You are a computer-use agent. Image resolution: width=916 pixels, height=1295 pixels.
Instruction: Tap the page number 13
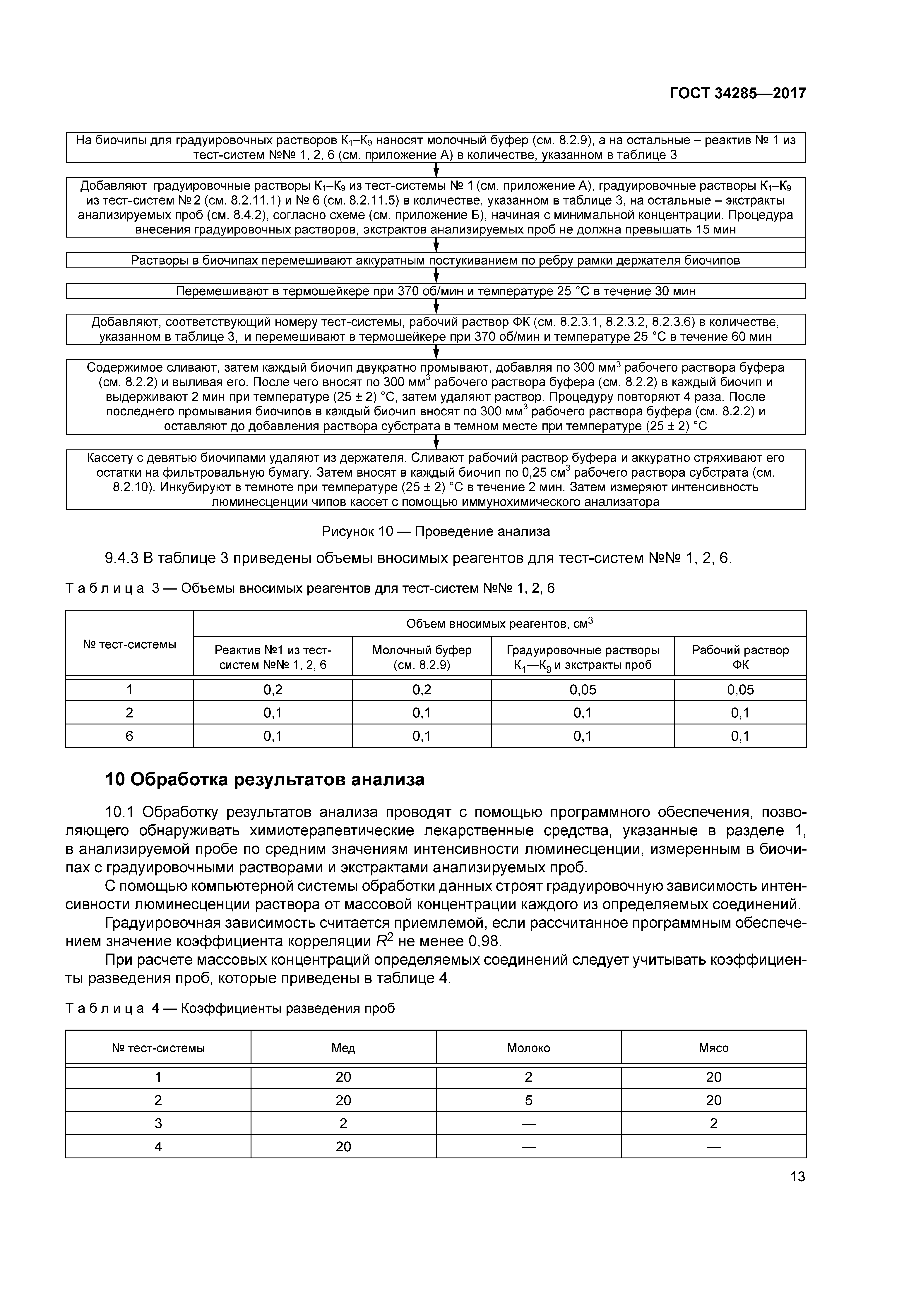point(797,1177)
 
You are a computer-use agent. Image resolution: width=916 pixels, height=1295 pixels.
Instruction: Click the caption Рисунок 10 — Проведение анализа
point(435,531)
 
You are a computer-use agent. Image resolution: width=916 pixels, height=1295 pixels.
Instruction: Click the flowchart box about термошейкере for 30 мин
point(435,291)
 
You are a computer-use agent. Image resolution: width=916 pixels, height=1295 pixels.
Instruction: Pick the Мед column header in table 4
point(343,1048)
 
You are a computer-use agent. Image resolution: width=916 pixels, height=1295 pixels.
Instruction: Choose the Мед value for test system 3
point(343,1124)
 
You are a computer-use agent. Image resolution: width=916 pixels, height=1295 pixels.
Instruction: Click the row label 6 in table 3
point(129,736)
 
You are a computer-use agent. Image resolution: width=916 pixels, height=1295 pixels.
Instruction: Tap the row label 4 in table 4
point(158,1147)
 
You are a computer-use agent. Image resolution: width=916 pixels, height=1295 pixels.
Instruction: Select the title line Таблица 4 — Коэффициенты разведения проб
point(230,1008)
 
